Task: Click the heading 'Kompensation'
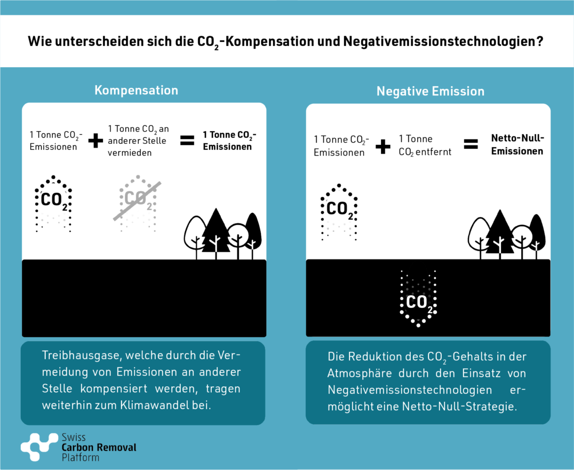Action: pyautogui.click(x=136, y=91)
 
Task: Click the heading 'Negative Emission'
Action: pyautogui.click(x=430, y=91)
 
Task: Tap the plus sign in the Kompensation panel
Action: pyautogui.click(x=95, y=141)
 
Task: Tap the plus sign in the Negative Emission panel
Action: pyautogui.click(x=383, y=147)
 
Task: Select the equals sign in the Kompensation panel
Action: pyautogui.click(x=187, y=141)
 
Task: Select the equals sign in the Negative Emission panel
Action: pyautogui.click(x=471, y=144)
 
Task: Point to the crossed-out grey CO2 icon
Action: pyautogui.click(x=137, y=204)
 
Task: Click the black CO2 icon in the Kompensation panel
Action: pyautogui.click(x=53, y=204)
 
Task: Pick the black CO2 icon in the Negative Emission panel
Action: pyautogui.click(x=339, y=212)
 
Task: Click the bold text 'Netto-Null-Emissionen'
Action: pyautogui.click(x=517, y=144)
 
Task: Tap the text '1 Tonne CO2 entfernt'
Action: pyautogui.click(x=425, y=145)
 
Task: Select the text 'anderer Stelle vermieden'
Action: pyautogui.click(x=137, y=147)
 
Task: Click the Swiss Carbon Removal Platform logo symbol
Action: pyautogui.click(x=39, y=447)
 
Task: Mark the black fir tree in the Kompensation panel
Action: pyautogui.click(x=216, y=233)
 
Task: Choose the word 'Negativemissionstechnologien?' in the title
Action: pyautogui.click(x=443, y=42)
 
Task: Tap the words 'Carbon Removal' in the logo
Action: pyautogui.click(x=99, y=447)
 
